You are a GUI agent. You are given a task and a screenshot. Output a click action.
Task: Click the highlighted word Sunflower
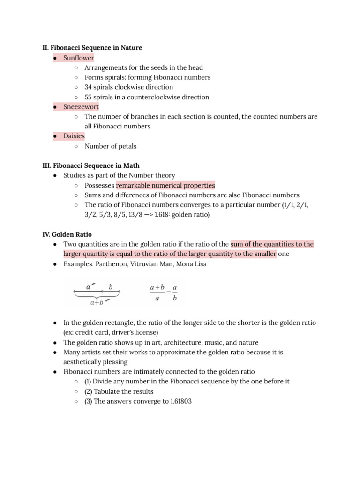pos(79,58)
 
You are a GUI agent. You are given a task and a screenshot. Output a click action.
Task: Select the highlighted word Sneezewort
pos(81,107)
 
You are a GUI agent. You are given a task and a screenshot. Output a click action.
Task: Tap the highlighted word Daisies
pos(74,136)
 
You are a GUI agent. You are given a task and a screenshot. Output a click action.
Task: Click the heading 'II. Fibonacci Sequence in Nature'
pos(92,48)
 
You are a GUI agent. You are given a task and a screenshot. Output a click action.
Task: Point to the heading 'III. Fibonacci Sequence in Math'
pos(91,165)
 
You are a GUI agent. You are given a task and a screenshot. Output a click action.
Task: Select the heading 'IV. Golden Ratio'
pos(67,234)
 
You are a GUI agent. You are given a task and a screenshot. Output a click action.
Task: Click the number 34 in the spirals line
pos(89,87)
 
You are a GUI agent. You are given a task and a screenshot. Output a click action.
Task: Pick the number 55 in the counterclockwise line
pos(89,97)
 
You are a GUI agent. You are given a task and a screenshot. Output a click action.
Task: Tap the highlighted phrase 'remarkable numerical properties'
pos(166,185)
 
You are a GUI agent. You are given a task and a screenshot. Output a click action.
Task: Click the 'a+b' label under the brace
pos(96,303)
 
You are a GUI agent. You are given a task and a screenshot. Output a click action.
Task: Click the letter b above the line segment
pos(111,286)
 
